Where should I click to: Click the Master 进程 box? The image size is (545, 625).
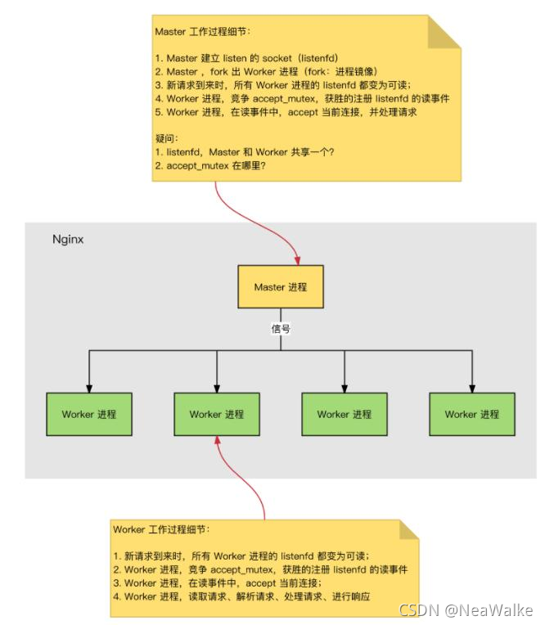[280, 286]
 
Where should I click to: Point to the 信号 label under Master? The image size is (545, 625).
[281, 329]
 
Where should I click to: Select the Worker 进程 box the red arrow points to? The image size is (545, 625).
[217, 414]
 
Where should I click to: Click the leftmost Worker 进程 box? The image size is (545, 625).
[89, 414]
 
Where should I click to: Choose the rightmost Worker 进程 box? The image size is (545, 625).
[472, 414]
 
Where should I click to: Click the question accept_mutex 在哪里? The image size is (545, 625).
[218, 165]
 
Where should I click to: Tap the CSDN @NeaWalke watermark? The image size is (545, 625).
[465, 609]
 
